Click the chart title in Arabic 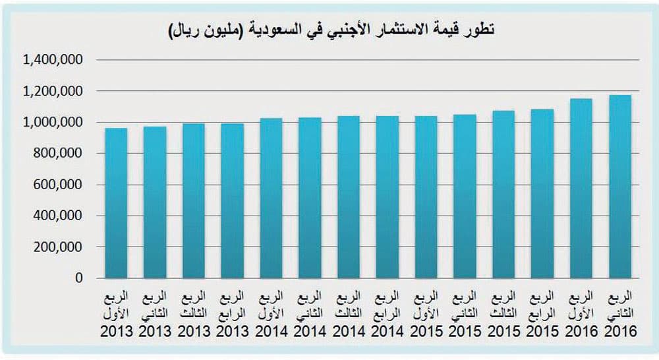[x=333, y=30]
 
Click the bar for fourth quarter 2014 [x=387, y=197]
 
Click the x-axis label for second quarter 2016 [x=620, y=313]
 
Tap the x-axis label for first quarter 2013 [x=117, y=313]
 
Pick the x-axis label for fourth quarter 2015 [x=542, y=313]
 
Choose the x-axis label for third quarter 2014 [x=349, y=313]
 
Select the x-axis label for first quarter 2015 [x=426, y=313]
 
